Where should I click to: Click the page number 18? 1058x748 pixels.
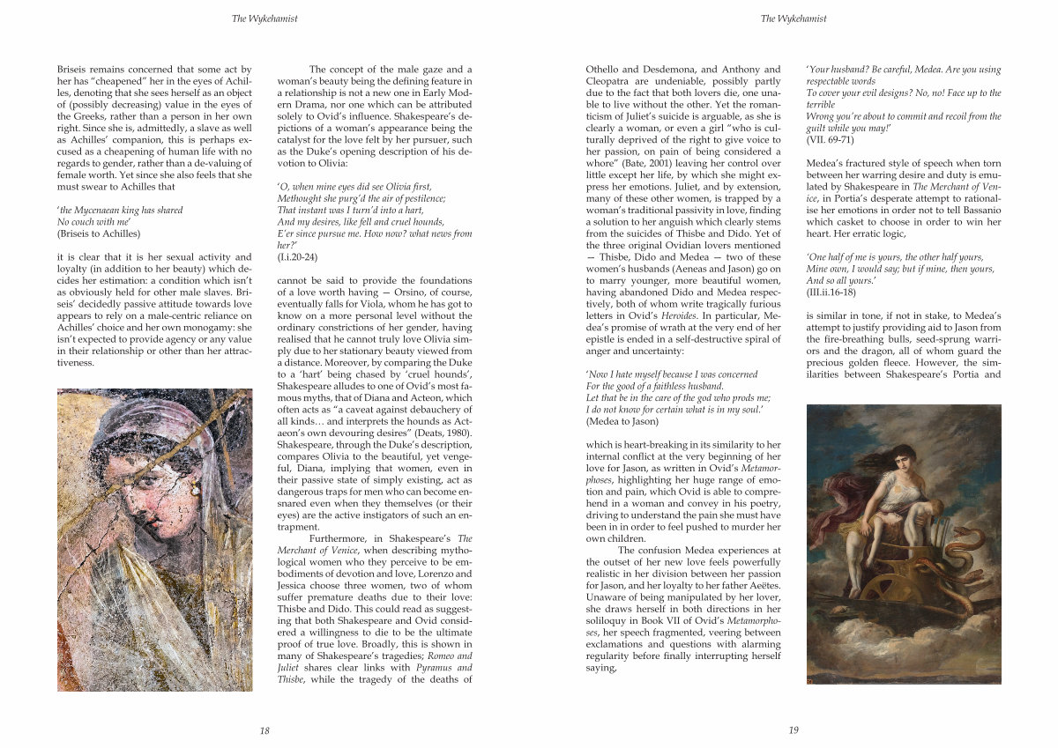[264, 729]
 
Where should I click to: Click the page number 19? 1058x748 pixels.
[793, 729]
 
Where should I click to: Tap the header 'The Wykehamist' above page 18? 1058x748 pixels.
[264, 18]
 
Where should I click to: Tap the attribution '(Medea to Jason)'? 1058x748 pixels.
[622, 421]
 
